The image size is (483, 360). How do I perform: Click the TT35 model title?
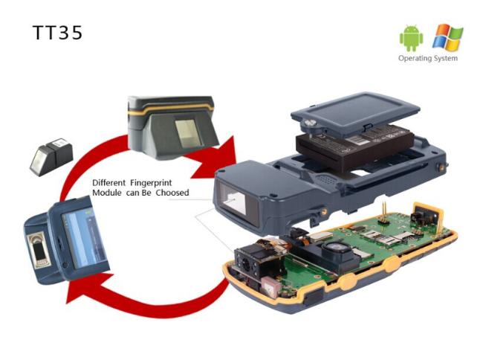pos(57,33)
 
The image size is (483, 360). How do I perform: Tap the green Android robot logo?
pos(411,38)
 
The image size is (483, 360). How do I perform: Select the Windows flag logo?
pos(447,37)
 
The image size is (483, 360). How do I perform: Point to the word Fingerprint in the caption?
pos(151,183)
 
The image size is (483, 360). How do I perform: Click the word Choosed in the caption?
pos(172,193)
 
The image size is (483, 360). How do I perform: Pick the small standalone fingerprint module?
pos(51,157)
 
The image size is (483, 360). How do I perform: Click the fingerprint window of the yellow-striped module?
pos(188,133)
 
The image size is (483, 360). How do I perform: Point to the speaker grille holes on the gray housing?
pos(325,179)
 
